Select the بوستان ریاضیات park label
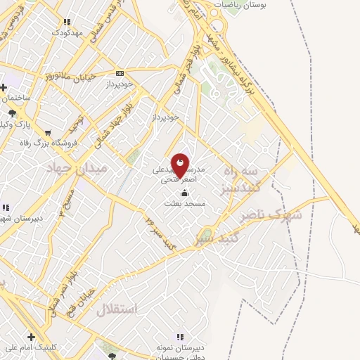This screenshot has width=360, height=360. coord(237,5)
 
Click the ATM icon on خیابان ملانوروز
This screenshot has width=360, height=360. coord(120,72)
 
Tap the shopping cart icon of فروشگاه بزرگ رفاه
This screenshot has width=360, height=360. coord(47,132)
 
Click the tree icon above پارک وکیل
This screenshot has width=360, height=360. coord(11,112)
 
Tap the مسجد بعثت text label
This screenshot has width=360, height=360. coord(184,203)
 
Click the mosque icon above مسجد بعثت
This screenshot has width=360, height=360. coord(184,193)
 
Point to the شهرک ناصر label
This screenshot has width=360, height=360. coord(270,214)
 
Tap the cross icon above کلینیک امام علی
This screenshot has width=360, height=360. coord(31,337)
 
